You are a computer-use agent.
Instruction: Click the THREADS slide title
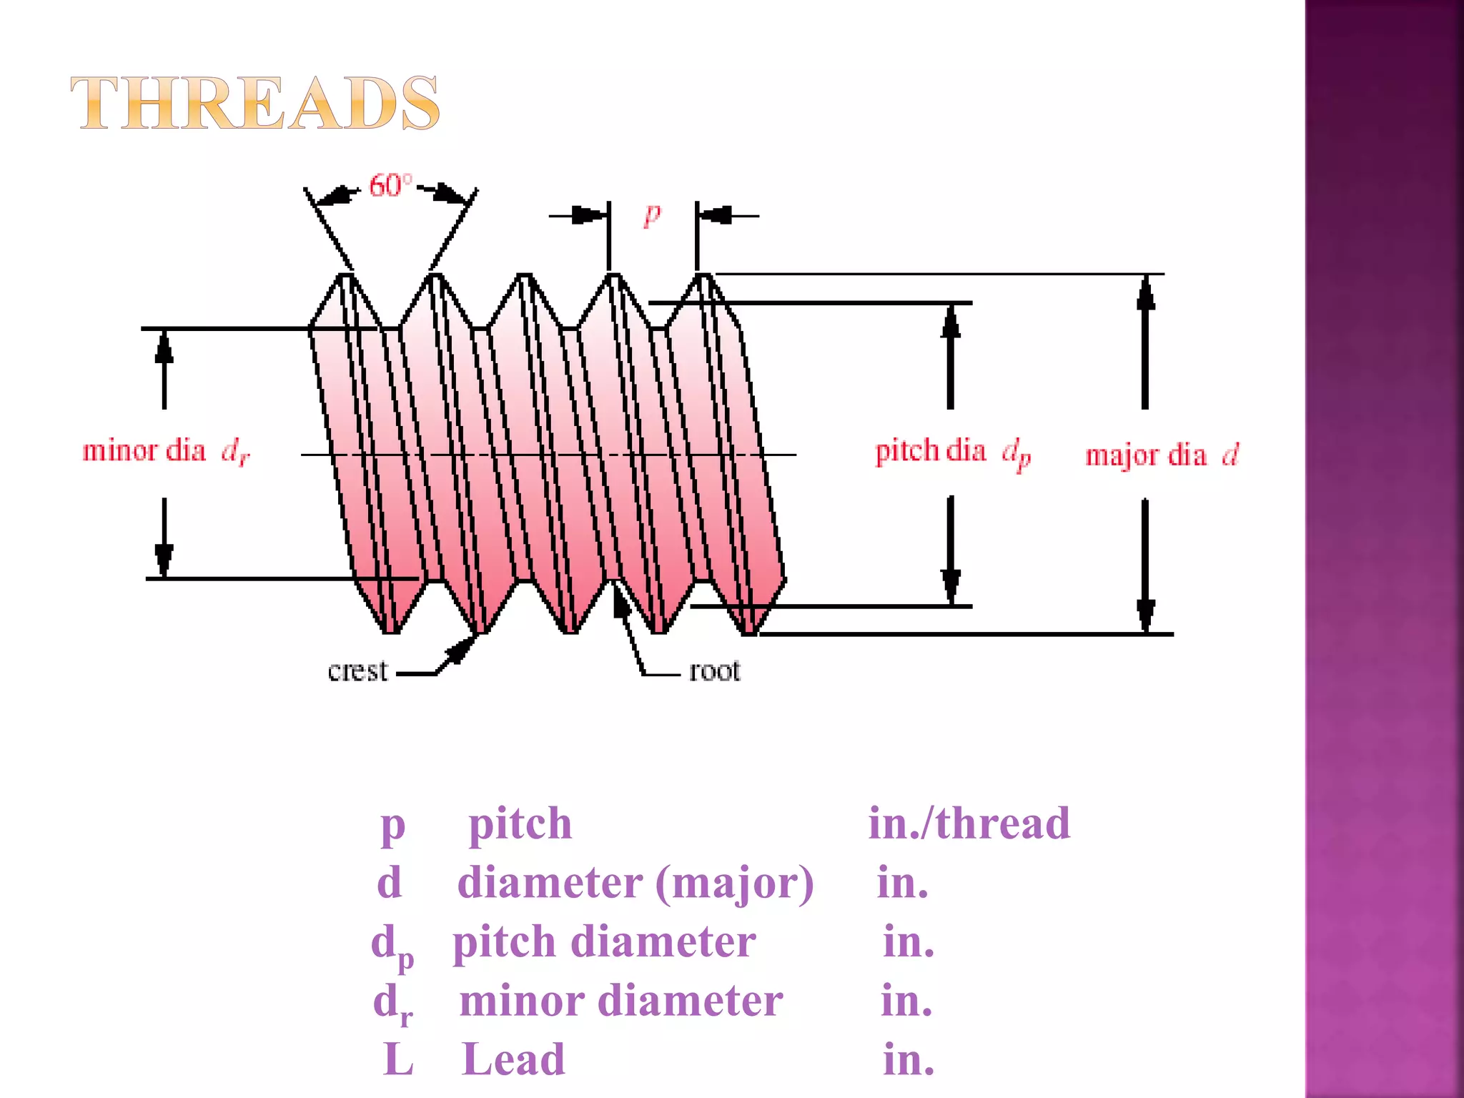pos(254,104)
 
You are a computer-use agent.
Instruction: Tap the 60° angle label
pos(390,186)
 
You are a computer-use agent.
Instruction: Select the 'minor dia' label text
pos(144,451)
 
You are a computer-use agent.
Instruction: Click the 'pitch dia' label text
pos(930,451)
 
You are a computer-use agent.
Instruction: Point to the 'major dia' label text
pos(1145,455)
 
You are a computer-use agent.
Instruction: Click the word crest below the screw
pos(357,671)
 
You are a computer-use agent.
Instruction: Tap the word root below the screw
pos(714,671)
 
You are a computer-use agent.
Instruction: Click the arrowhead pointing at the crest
pos(461,648)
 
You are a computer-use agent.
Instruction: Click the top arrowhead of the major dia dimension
pos(1146,293)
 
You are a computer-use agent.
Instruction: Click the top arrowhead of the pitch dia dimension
pos(950,322)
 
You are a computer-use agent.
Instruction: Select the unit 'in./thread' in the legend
pos(969,823)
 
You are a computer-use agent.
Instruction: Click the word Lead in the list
pos(513,1059)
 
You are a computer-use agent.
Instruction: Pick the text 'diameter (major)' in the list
pos(635,883)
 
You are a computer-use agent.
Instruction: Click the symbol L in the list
pos(398,1059)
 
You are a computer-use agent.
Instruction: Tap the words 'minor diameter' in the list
pos(620,1001)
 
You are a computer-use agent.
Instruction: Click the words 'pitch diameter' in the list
pos(604,941)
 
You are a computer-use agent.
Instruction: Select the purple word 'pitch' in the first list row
pos(520,823)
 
